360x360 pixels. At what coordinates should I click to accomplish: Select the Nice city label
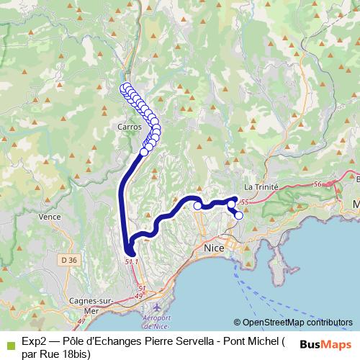coord(215,248)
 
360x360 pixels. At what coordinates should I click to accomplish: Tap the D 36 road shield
coord(68,260)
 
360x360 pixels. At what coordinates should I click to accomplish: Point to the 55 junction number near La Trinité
coord(245,202)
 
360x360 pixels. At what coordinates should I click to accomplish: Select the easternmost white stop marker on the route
coord(239,215)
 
